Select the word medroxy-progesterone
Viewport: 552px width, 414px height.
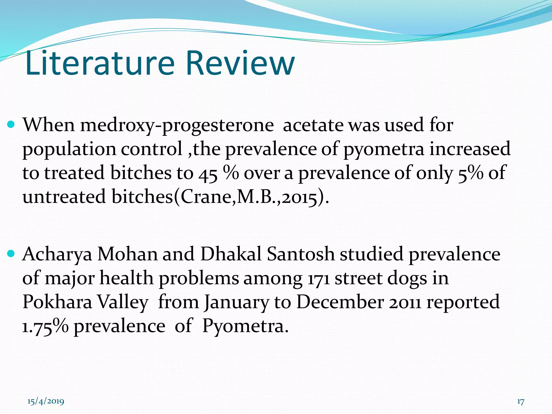[x=177, y=126]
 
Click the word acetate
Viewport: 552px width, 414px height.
[x=313, y=126]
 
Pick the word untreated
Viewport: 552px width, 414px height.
[x=64, y=197]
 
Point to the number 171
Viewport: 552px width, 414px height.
[x=318, y=278]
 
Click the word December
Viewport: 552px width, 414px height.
[x=340, y=302]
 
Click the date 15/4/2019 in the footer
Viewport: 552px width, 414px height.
[x=46, y=402]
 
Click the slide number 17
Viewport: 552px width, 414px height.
[x=520, y=402]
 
